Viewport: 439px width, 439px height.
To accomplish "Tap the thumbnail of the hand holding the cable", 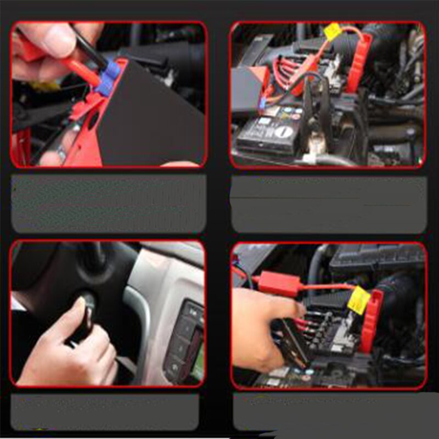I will (x=109, y=94).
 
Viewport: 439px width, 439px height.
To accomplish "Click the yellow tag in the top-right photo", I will (x=333, y=32).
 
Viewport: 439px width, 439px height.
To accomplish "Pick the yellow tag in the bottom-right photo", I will (x=358, y=301).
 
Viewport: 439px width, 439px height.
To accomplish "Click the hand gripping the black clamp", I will (x=258, y=329).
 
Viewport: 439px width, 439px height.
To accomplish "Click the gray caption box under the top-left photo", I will (x=109, y=204).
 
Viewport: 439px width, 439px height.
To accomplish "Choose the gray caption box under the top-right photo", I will (x=328, y=204).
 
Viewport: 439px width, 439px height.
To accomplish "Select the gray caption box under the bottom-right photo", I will (x=329, y=412).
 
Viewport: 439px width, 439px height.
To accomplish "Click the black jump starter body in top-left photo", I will (x=148, y=115).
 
